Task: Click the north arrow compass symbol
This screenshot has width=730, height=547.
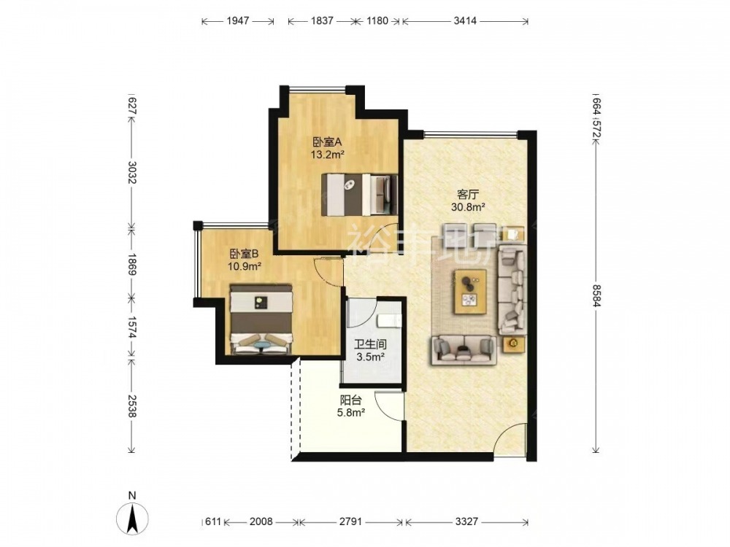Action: [132, 517]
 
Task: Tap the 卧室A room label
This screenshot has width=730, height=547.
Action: [327, 141]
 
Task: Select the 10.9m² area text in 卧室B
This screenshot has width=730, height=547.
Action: [244, 266]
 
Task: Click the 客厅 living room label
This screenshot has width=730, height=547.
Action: [469, 195]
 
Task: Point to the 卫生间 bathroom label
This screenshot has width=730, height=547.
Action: [371, 344]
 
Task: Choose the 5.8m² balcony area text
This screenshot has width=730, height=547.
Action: [351, 412]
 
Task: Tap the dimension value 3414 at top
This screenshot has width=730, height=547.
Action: [465, 21]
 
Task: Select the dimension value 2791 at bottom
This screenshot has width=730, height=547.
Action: [350, 521]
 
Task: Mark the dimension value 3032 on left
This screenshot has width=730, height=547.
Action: [131, 173]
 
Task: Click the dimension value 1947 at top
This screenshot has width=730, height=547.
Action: [238, 21]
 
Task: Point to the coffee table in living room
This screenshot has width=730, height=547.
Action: [471, 291]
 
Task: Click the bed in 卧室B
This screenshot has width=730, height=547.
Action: [261, 319]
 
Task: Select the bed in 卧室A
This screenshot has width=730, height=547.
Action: [360, 195]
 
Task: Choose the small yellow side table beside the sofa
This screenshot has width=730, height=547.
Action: [513, 344]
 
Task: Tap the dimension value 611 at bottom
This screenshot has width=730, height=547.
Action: [212, 521]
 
